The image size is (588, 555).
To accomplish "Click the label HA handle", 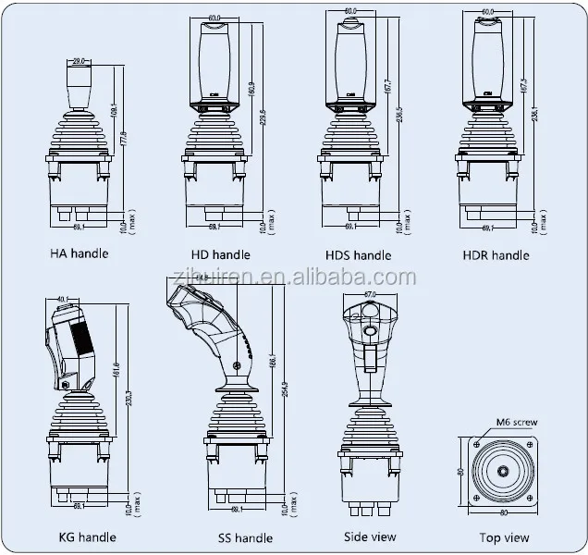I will [x=79, y=253].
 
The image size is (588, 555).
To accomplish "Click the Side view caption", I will [x=370, y=536].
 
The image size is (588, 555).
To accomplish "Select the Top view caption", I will [x=504, y=536].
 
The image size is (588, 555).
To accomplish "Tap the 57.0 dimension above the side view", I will [x=370, y=294].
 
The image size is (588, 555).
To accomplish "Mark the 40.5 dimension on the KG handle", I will [x=65, y=298].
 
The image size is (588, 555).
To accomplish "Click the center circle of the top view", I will [x=504, y=470].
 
